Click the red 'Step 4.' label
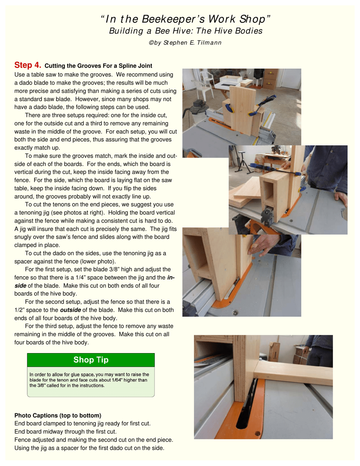[28, 65]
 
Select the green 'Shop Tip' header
[91, 360]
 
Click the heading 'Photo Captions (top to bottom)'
[58, 415]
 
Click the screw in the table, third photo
[236, 313]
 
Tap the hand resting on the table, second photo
[341, 199]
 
